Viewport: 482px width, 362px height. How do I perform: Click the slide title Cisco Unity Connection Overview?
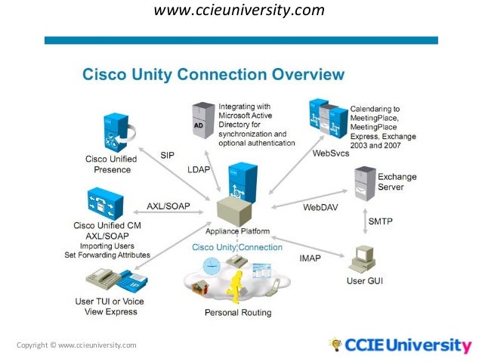tap(212, 75)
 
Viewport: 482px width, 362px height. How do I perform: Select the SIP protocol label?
tap(168, 154)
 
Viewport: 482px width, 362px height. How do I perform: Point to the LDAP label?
tap(199, 170)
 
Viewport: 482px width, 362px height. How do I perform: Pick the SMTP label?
tap(381, 221)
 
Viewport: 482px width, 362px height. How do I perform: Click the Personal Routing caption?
tap(238, 312)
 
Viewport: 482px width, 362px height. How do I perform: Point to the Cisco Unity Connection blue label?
tap(236, 247)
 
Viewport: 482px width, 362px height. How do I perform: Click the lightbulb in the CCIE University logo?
tap(335, 345)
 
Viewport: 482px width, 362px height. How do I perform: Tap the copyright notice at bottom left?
tap(76, 345)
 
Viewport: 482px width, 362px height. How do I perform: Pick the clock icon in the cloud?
tap(212, 265)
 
